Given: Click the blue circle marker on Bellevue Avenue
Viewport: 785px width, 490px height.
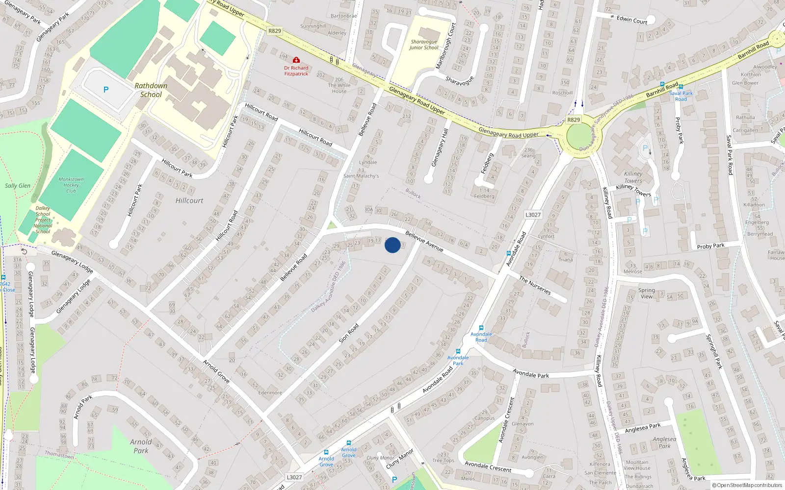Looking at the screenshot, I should pos(392,245).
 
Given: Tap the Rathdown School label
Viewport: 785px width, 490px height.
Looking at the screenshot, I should pos(151,90).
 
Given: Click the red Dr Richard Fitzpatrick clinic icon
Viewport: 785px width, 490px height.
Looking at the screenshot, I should pos(296,60).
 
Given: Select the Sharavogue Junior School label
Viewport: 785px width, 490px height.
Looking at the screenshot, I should pos(424,45).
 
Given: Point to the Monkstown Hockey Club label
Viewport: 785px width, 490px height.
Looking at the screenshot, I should pos(71,185).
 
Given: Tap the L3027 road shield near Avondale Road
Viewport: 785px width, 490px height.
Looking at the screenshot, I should pos(533,215).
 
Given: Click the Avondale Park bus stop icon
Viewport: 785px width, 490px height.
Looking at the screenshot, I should pos(458,351).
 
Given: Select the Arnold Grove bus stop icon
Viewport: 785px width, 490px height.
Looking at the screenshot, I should pos(326,452).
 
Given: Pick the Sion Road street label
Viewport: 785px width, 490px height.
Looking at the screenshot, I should pos(349,333).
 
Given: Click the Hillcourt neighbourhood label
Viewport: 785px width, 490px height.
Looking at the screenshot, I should pos(189,200).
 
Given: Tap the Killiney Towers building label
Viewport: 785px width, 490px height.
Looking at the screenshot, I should pos(633,177).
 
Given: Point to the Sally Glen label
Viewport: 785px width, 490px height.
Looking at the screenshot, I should pos(18,186).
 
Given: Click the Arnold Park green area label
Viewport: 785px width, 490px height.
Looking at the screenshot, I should pos(141,446).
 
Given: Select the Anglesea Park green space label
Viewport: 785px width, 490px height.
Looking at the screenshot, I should pos(664,442).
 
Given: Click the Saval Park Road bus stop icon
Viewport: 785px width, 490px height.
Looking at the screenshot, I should pos(681,87).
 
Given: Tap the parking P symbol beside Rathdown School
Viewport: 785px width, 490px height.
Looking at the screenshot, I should pos(106,90).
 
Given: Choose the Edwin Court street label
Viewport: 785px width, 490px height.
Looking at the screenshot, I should pos(632,20).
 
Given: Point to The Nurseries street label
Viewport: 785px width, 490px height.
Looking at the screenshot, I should pos(535,285).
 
